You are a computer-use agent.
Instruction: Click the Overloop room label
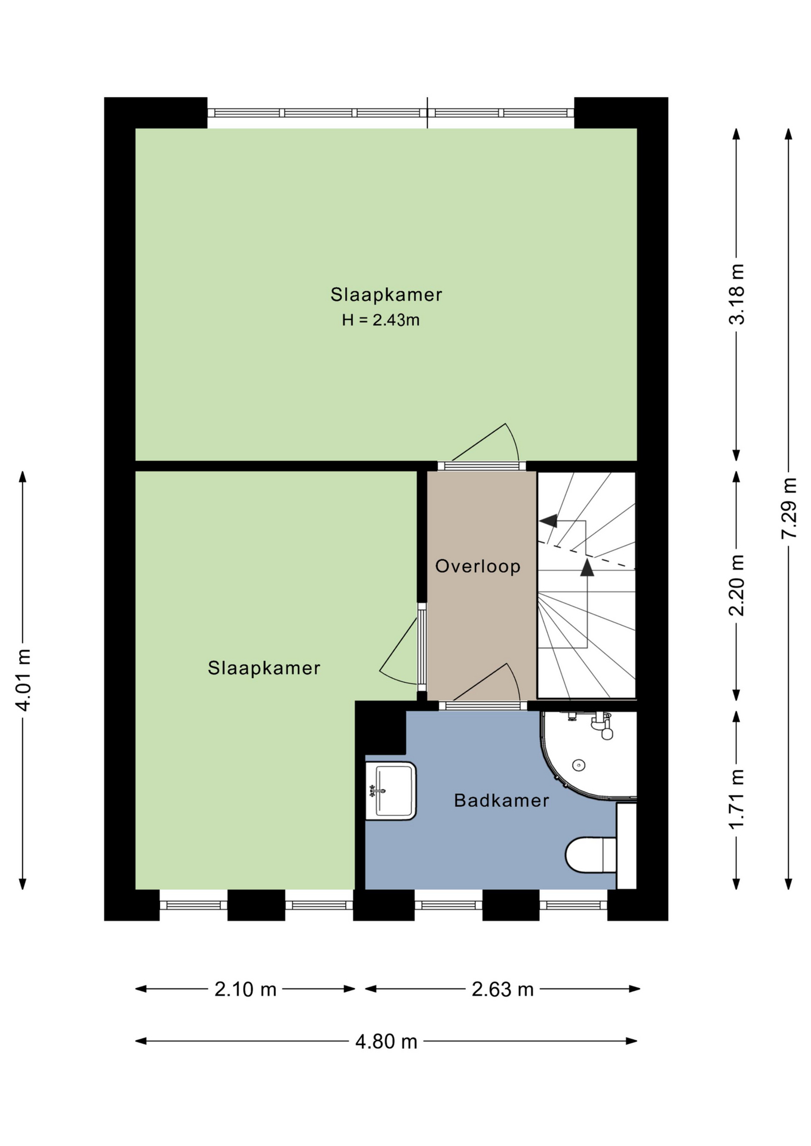tap(478, 566)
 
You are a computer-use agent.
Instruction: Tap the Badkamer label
tap(501, 800)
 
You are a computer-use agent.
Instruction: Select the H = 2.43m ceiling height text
tap(380, 320)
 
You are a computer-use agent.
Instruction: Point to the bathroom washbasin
tap(391, 791)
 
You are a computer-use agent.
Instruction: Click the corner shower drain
tap(578, 765)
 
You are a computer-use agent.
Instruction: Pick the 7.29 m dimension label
tap(789, 508)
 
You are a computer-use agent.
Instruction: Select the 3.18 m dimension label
tap(737, 294)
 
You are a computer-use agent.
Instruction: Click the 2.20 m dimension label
tap(737, 585)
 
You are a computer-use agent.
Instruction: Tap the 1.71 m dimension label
tap(737, 799)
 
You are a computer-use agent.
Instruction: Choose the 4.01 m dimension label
tap(23, 680)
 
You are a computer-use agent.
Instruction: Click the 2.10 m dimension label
tap(245, 990)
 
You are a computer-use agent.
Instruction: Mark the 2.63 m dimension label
tap(502, 990)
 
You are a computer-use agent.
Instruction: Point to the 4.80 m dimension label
tap(386, 1042)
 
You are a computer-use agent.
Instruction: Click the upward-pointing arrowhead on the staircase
tap(588, 567)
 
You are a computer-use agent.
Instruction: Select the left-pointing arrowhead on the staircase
tap(548, 521)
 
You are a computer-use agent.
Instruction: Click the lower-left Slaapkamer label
tap(264, 668)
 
